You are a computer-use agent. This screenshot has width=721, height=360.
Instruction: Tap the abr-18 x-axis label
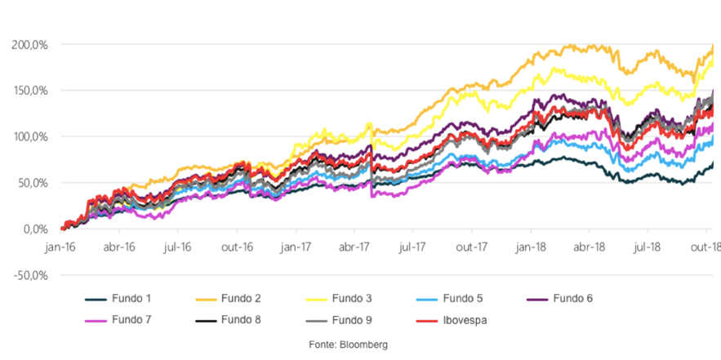pyautogui.click(x=589, y=246)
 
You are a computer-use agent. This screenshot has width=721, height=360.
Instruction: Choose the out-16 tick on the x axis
pyautogui.click(x=238, y=246)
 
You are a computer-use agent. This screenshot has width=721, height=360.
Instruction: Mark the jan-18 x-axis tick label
pyautogui.click(x=531, y=246)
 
